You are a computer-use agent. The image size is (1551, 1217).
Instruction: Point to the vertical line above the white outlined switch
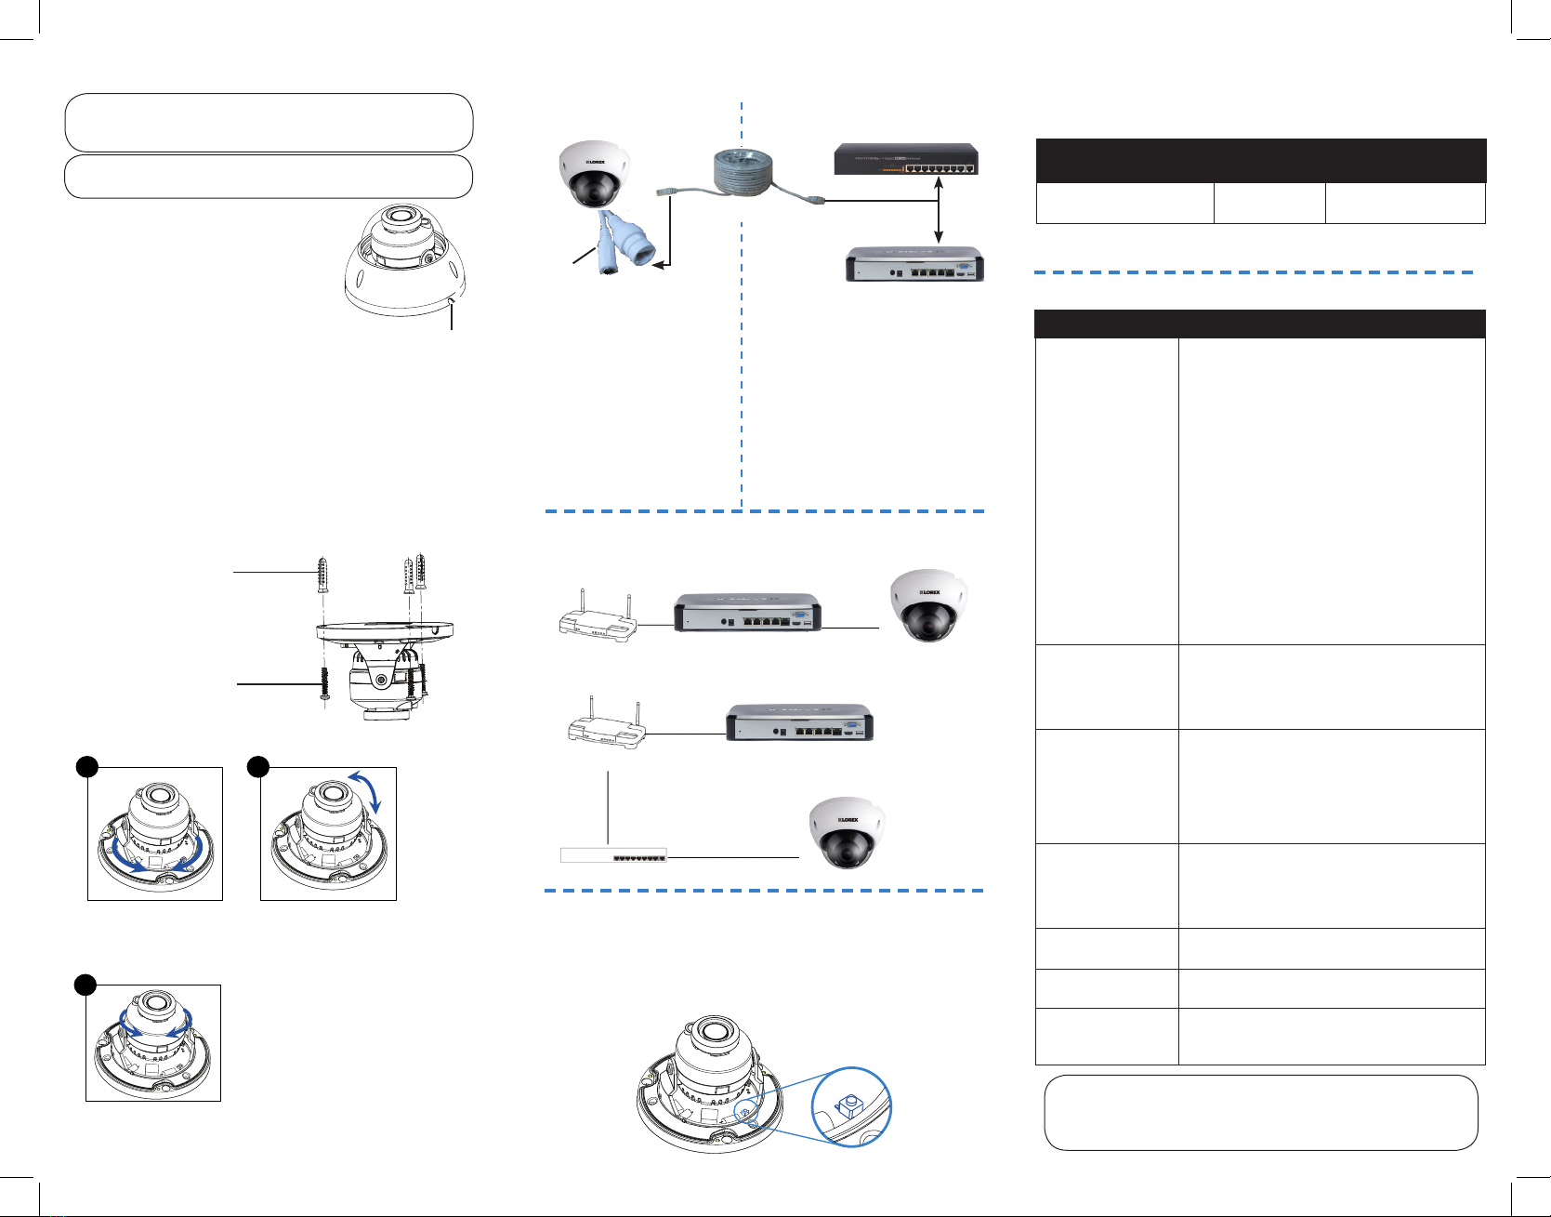(x=609, y=806)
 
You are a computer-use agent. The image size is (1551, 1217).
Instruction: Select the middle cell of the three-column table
(x=1268, y=203)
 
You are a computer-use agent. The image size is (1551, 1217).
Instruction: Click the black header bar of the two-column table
(x=1259, y=324)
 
